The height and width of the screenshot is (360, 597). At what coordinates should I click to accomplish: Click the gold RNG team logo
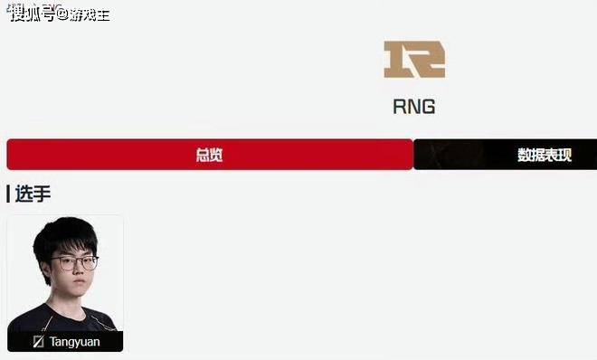coord(414,60)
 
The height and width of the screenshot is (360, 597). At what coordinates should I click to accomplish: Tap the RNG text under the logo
coord(414,107)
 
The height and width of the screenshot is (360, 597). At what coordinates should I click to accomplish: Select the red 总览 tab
coord(210,155)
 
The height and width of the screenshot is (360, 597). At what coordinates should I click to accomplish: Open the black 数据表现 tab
coord(506,155)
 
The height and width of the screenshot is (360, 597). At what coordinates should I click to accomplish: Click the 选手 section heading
coord(33,194)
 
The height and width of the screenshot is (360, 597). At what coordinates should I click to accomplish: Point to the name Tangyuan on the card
coord(74,342)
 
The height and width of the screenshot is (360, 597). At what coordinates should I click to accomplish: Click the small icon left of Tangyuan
coord(39,342)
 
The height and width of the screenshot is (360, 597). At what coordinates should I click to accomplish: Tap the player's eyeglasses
coord(74,263)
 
